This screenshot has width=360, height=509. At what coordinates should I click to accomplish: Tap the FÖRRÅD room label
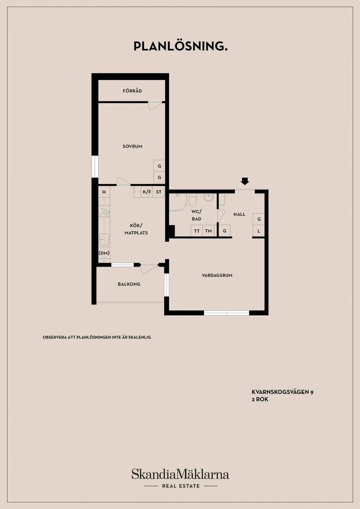(x=132, y=91)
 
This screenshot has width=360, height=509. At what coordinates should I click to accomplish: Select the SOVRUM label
(x=132, y=146)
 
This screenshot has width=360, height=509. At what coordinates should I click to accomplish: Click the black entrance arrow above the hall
(x=245, y=181)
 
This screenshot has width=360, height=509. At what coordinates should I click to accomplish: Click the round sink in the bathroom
(x=208, y=198)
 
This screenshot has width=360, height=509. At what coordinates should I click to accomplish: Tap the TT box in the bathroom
(x=197, y=231)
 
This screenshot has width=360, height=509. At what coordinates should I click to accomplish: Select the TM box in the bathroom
(x=208, y=231)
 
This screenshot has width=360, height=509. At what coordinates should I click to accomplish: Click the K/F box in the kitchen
(x=147, y=192)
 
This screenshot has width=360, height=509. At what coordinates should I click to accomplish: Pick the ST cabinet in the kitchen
(x=159, y=192)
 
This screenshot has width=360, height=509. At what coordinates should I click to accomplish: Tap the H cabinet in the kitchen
(x=104, y=192)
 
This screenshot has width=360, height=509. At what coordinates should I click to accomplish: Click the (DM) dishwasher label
(x=104, y=253)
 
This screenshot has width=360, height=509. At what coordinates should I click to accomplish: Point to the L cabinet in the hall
(x=259, y=231)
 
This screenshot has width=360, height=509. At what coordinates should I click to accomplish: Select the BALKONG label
(x=129, y=284)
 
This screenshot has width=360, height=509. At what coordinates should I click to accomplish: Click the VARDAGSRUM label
(x=217, y=275)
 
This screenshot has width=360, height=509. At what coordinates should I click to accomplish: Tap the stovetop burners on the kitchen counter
(x=104, y=211)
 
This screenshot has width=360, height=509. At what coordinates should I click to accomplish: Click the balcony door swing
(x=149, y=269)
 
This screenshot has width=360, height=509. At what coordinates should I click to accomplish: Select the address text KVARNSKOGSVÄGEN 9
(x=283, y=392)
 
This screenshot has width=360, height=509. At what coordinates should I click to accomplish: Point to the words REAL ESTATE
(x=181, y=486)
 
